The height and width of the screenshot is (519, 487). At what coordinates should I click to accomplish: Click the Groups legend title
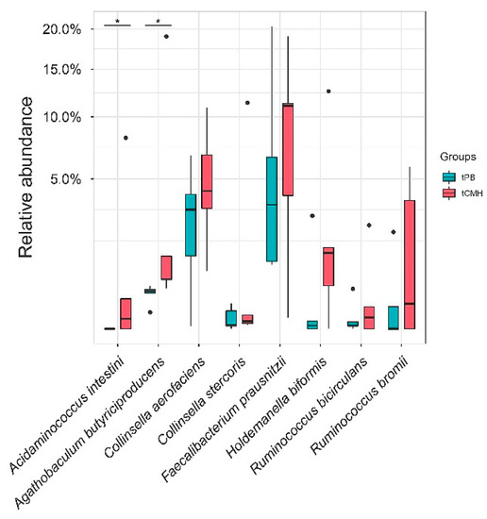[443, 157]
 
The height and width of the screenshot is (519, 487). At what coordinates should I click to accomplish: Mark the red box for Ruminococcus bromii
[410, 264]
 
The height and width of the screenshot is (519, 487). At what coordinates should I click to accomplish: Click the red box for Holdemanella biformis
[328, 266]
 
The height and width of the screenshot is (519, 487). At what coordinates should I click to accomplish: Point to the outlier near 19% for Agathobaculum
[166, 37]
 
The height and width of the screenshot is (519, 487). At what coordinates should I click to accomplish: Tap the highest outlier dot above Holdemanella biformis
[328, 92]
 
